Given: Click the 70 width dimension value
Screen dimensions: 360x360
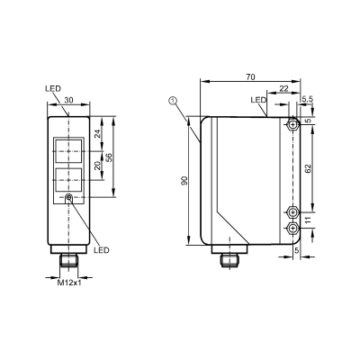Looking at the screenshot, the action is [250, 77].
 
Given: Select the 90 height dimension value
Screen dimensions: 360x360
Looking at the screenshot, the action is [184, 181].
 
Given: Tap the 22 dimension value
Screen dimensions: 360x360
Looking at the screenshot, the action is [283, 88].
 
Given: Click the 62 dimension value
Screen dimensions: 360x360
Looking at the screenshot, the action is [309, 168].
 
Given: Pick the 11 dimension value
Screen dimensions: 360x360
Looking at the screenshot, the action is [309, 221].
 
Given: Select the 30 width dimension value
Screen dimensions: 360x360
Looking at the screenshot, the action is [68, 101].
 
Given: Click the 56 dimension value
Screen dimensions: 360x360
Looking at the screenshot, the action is [109, 157].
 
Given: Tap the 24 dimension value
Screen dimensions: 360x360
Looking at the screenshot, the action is [98, 134].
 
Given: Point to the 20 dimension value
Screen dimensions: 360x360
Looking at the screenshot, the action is [98, 166].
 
